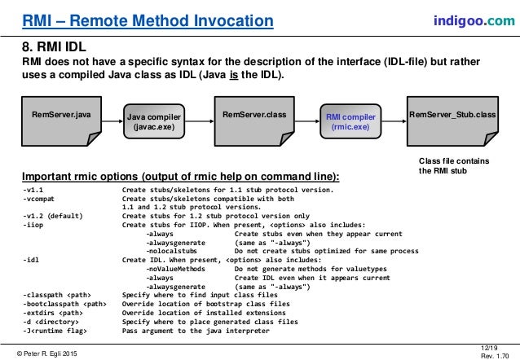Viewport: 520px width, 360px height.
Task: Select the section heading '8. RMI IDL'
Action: [x=55, y=47]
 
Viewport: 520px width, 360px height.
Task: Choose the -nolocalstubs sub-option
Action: [x=174, y=252]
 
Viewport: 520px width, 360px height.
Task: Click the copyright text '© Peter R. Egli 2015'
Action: [x=51, y=350]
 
